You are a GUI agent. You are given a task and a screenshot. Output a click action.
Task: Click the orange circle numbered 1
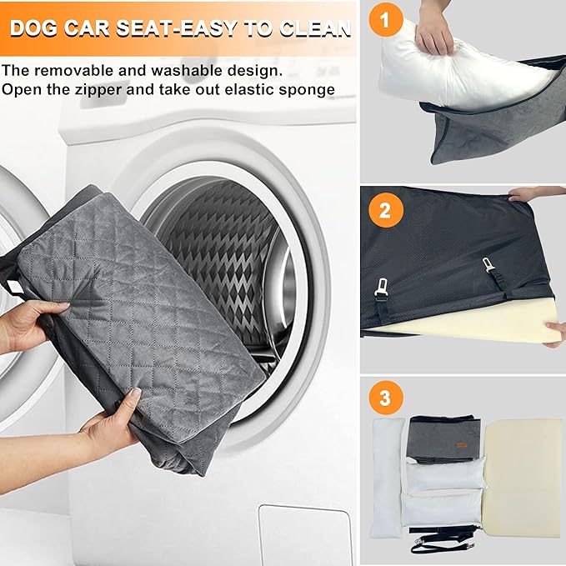pos(385,18)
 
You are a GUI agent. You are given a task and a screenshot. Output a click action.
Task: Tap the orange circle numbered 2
pos(385,209)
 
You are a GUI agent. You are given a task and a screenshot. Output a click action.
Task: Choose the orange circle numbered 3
pos(385,398)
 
